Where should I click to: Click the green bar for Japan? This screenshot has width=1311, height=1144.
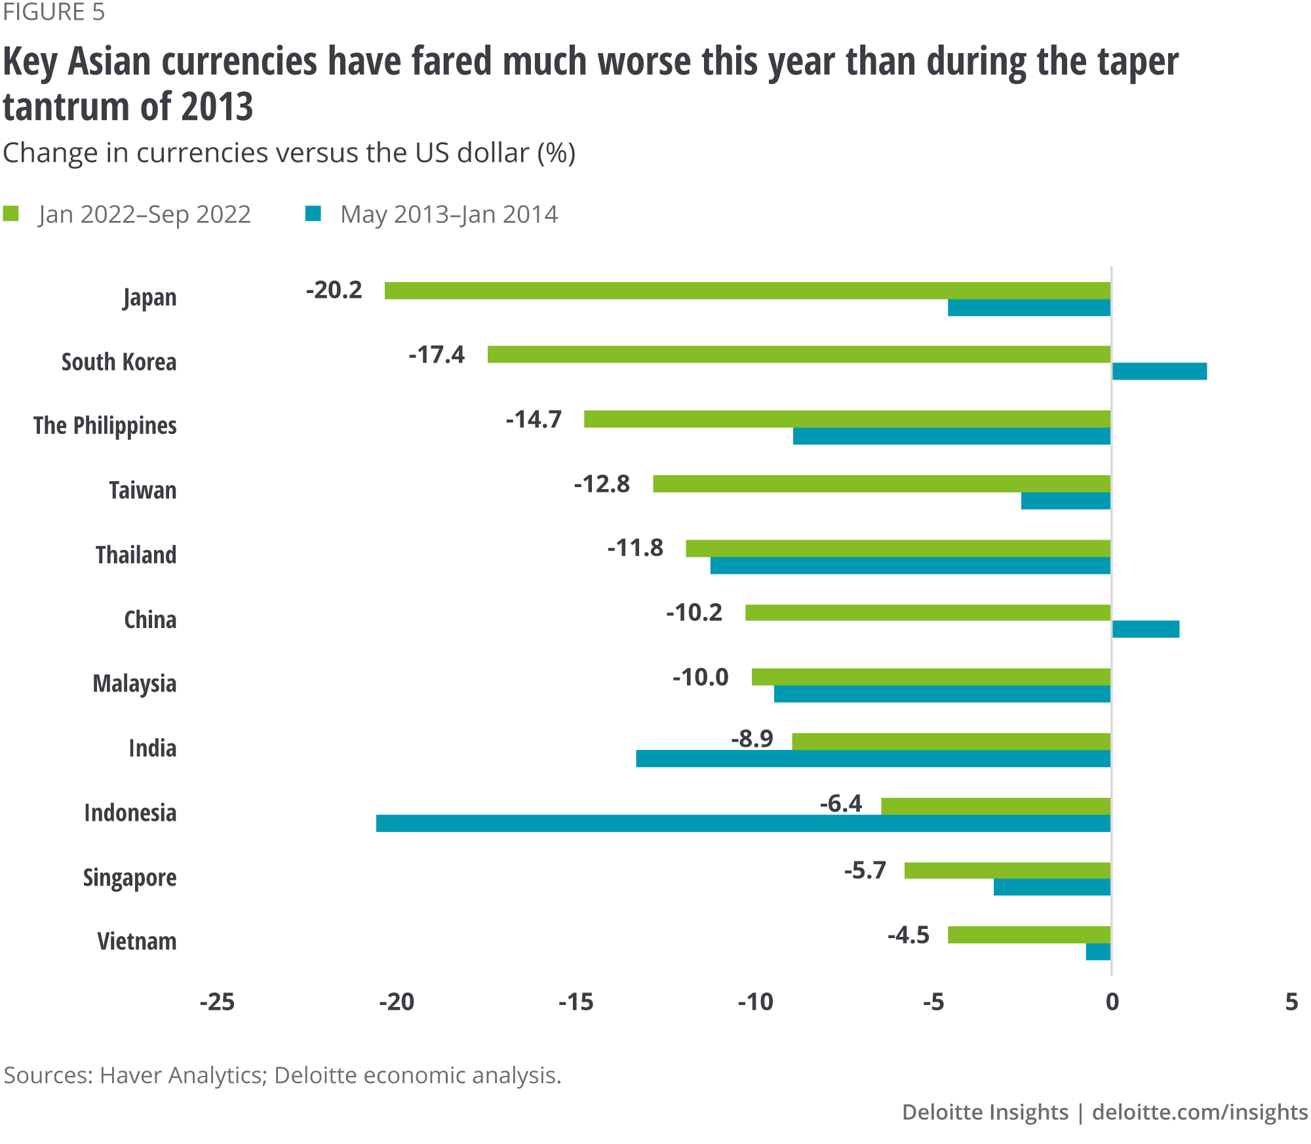(x=747, y=290)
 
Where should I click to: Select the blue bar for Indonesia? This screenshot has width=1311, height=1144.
(x=743, y=823)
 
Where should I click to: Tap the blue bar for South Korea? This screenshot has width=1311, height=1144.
(x=1159, y=371)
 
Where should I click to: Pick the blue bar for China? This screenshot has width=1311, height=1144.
(x=1145, y=629)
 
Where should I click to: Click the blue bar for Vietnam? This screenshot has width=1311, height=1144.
(x=1098, y=952)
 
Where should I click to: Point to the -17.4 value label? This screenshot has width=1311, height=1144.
(x=437, y=355)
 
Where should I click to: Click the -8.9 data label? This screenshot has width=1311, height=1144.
(x=753, y=739)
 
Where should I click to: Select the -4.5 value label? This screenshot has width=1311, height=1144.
(x=909, y=935)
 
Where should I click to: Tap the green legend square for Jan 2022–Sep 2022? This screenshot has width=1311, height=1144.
(x=11, y=214)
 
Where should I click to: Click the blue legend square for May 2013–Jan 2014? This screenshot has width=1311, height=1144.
(x=313, y=214)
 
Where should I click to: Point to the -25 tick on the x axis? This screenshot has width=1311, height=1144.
(x=217, y=1002)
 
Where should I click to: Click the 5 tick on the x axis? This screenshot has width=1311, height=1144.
(x=1291, y=1002)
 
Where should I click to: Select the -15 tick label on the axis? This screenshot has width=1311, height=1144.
(x=576, y=1002)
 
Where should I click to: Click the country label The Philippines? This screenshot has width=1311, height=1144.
(x=105, y=425)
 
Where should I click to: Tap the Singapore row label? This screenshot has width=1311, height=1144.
(x=130, y=877)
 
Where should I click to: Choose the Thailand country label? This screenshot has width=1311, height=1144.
(x=136, y=555)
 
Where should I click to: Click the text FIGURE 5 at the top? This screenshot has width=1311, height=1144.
(x=54, y=12)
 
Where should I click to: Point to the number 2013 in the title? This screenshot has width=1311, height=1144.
(x=217, y=106)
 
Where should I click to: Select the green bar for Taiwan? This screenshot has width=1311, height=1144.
(x=882, y=484)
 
